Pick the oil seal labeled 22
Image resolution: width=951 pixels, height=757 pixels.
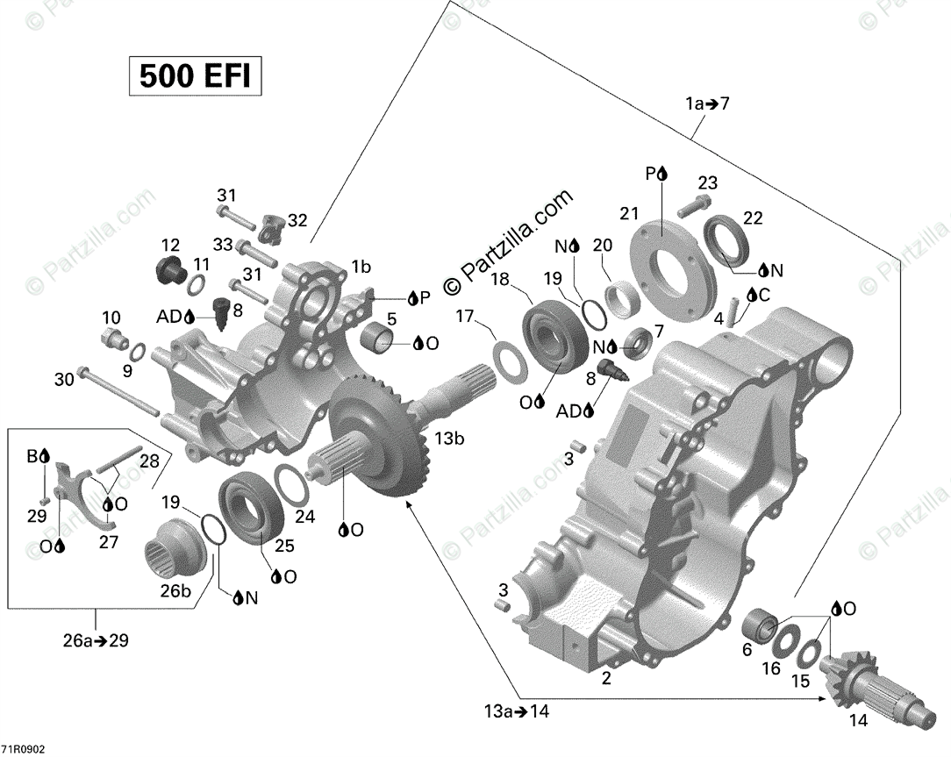click(727, 238)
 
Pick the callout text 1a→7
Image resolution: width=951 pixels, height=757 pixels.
click(708, 104)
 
